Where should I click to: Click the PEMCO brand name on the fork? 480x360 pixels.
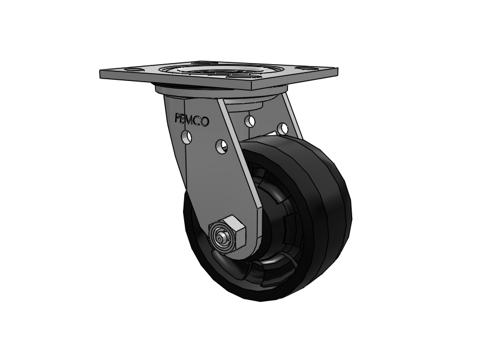coord(192,119)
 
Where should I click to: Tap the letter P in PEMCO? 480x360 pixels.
coord(177,118)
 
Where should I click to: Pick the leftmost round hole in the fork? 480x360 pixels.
coord(187,137)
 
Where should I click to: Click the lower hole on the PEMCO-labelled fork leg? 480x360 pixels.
coord(221,146)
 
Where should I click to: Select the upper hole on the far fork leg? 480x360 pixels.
coord(250,121)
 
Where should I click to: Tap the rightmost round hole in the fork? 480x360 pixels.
coord(283,128)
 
